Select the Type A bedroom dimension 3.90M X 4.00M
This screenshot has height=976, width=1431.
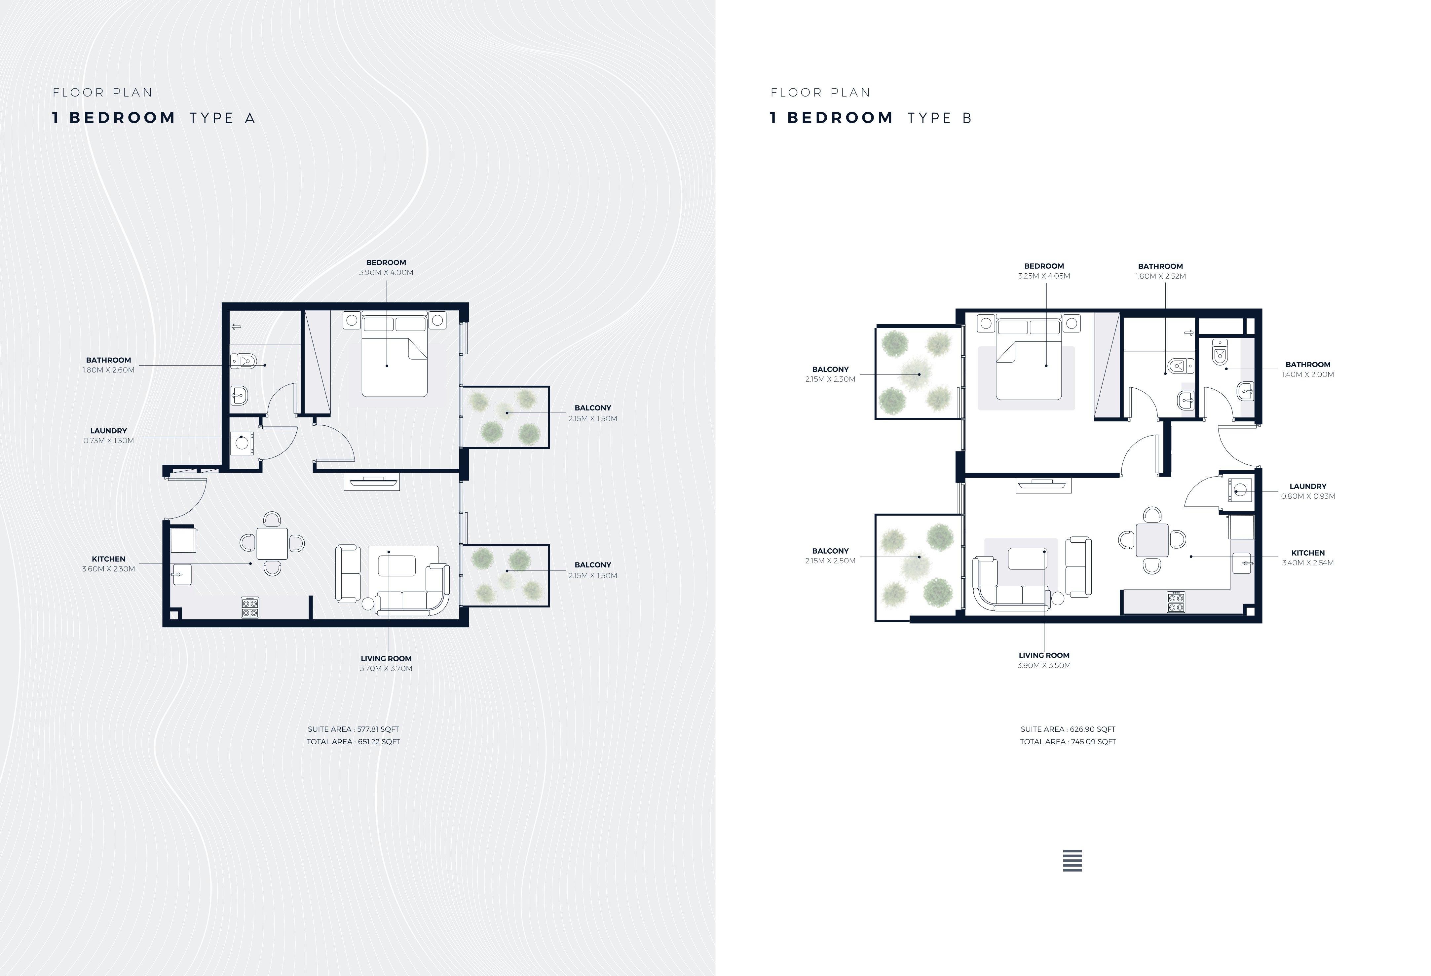click(x=386, y=272)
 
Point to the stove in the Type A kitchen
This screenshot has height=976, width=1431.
click(x=249, y=607)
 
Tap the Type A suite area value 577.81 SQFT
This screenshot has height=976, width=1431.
click(x=378, y=729)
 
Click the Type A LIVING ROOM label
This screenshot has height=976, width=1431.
click(x=386, y=658)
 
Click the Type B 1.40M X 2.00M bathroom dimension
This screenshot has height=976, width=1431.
click(x=1308, y=374)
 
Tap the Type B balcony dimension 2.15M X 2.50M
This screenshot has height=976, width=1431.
click(x=830, y=561)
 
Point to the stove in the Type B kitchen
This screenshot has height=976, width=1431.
click(x=1176, y=602)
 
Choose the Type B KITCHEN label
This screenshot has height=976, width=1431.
click(x=1308, y=553)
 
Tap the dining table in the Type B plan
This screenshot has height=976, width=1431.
click(x=1152, y=540)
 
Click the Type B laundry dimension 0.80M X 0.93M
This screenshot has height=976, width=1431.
click(x=1308, y=496)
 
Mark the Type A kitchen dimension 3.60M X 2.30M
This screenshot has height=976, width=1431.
click(x=108, y=569)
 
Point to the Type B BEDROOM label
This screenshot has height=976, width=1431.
click(x=1044, y=266)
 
